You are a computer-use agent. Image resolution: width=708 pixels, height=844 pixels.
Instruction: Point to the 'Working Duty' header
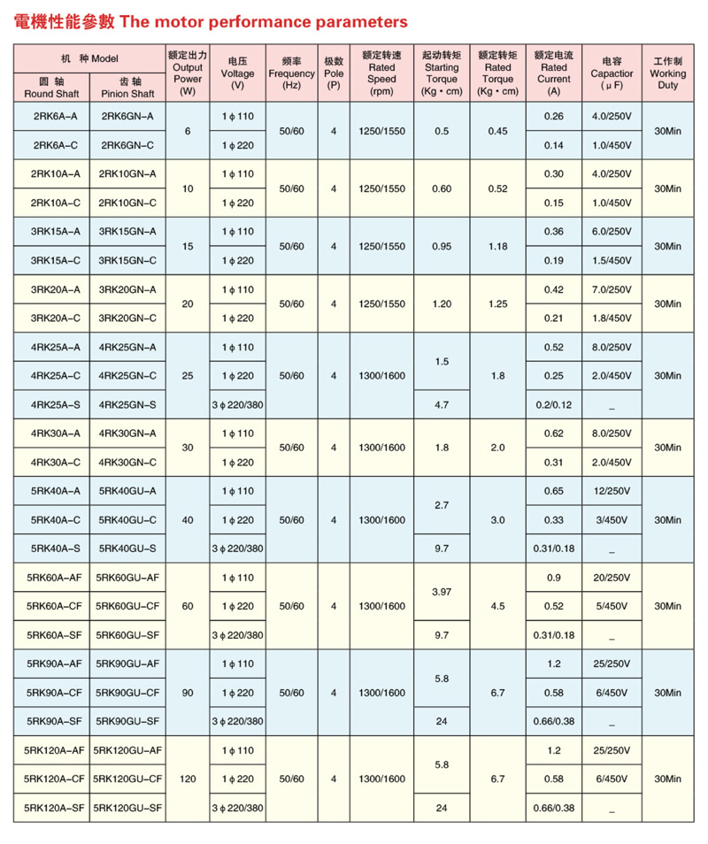click(667, 73)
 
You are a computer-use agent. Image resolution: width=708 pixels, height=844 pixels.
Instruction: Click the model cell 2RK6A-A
click(51, 116)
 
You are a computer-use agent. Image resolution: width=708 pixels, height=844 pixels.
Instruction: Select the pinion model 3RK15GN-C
click(127, 260)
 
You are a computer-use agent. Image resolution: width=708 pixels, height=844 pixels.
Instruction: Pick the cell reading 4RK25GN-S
click(127, 404)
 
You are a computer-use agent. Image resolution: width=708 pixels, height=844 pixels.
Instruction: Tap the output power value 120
click(188, 779)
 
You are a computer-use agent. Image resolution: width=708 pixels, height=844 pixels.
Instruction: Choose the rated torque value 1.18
click(498, 246)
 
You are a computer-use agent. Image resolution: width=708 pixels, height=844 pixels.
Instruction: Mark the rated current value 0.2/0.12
click(554, 404)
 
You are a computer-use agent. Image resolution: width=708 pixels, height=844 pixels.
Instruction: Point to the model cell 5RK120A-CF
click(51, 779)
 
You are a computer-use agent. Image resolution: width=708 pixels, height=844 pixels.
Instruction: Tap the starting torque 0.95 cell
click(442, 246)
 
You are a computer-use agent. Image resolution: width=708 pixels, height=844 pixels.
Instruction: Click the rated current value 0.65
click(554, 491)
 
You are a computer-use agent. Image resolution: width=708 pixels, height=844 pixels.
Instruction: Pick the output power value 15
click(188, 246)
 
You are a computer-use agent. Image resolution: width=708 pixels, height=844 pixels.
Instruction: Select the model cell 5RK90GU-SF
click(127, 721)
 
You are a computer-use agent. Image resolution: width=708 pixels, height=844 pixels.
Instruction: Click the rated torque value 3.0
click(498, 519)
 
